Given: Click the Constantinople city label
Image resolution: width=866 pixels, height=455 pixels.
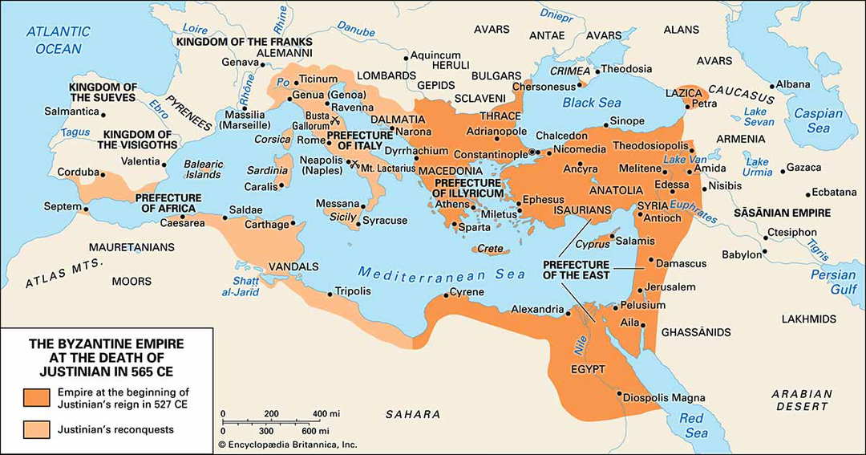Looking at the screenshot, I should (x=490, y=153).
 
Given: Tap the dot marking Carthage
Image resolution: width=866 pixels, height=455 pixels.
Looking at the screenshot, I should (x=293, y=222).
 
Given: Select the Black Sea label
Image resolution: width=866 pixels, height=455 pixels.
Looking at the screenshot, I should (x=591, y=103).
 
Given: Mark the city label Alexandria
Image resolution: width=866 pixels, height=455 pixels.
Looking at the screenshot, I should (x=537, y=309).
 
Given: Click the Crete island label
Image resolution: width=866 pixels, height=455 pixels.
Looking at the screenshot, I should (x=490, y=249).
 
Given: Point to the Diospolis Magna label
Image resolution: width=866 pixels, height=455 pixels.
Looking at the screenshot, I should (x=666, y=398).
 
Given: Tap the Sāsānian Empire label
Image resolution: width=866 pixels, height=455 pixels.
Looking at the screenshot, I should (x=782, y=213).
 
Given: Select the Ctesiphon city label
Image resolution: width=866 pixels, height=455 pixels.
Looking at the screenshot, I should (x=792, y=233).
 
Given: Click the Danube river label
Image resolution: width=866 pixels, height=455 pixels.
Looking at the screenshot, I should (x=356, y=50).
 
